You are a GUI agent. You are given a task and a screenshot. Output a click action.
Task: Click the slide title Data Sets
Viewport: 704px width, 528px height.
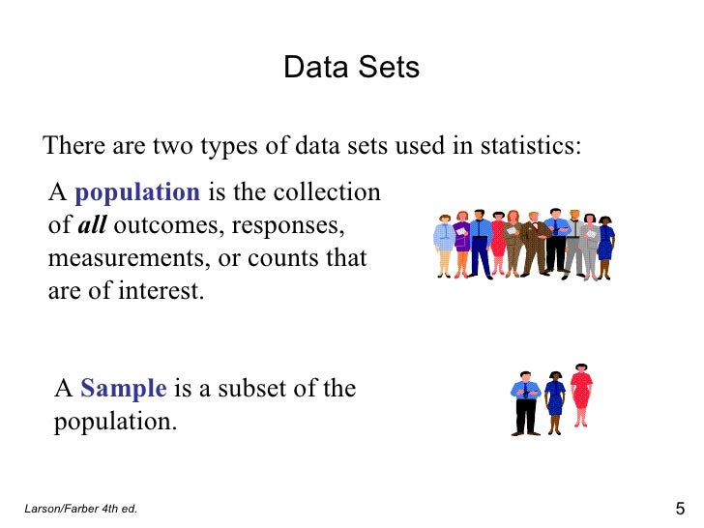coord(351,69)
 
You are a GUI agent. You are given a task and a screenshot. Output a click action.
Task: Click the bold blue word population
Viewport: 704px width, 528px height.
coord(137,191)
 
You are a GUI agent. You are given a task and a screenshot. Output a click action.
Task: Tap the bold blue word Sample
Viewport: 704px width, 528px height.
coord(124,389)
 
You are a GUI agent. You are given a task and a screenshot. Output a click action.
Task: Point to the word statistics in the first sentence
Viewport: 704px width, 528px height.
coord(530,147)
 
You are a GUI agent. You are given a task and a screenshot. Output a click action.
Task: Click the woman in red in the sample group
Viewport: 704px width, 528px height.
coord(580,398)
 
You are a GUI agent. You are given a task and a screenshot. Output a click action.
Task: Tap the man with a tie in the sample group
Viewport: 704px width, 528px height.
coord(525,401)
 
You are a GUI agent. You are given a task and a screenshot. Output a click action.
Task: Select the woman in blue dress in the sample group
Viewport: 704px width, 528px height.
coord(554,401)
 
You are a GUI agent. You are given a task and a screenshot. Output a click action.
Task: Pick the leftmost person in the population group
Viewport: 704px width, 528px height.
coord(443,245)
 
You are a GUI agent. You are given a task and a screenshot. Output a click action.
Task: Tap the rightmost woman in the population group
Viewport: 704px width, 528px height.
coord(605,247)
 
